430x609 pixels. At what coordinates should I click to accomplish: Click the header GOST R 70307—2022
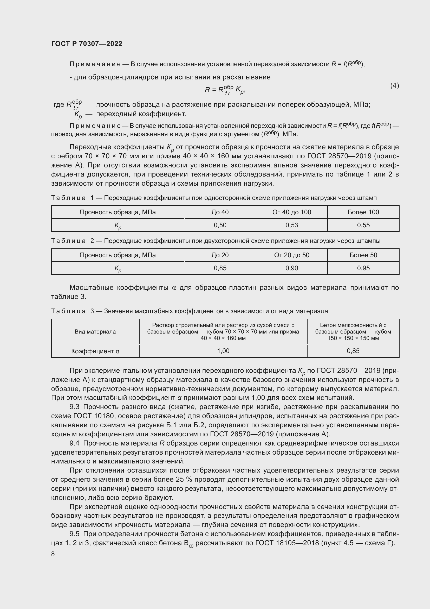87,44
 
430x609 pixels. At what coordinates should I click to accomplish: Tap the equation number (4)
394,85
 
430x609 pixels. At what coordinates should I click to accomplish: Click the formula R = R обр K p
225,90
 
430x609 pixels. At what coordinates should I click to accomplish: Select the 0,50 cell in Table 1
220,225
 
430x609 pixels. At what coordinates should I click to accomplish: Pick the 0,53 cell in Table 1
291,225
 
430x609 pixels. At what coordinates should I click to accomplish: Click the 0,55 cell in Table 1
363,225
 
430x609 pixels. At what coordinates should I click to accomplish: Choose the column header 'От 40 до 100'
291,212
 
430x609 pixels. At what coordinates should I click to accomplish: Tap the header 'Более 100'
363,212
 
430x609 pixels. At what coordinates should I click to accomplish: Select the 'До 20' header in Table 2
220,255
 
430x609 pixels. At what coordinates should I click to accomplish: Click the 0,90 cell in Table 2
291,268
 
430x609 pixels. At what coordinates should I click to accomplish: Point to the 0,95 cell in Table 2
363,268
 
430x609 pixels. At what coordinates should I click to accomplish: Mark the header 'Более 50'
363,255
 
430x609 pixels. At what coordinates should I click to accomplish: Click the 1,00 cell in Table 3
223,351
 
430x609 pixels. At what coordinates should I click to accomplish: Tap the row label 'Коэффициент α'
95,351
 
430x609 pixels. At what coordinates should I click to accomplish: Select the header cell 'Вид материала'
95,331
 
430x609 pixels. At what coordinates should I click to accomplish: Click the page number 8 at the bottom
53,554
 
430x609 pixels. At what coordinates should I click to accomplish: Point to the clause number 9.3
74,407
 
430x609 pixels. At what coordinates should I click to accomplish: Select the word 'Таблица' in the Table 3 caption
68,311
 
